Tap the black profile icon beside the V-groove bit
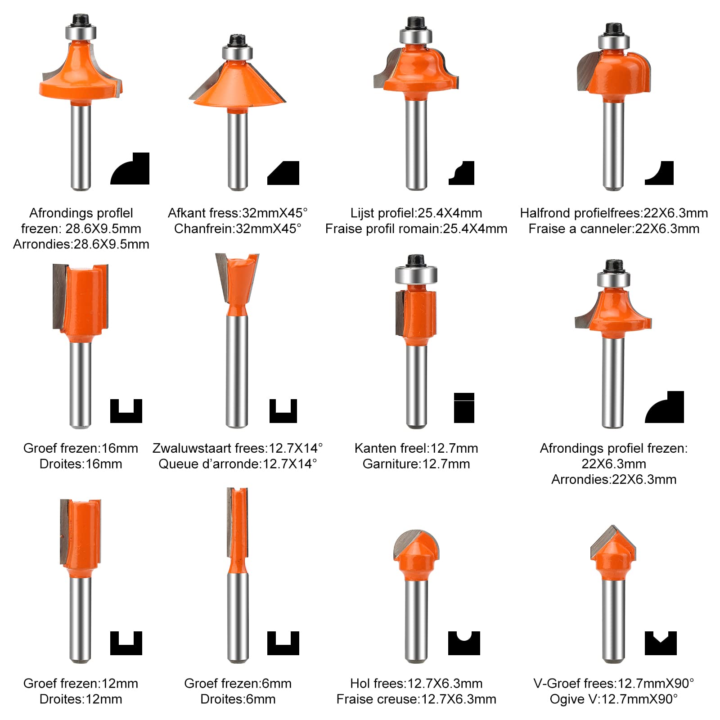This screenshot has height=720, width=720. point(661,643)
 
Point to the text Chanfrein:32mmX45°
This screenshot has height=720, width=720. point(238,229)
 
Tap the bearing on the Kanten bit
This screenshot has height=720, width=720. point(416,274)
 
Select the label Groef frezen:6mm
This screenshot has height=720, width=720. point(238,684)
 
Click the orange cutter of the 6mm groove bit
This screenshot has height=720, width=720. point(238,531)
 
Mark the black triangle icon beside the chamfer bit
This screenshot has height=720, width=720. point(283,173)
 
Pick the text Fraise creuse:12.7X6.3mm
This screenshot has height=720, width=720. point(416,699)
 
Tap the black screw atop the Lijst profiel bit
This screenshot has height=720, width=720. point(416,23)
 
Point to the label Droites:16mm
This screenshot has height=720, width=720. point(81,464)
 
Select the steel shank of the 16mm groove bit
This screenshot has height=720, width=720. point(81,385)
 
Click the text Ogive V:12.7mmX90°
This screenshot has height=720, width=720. point(614,699)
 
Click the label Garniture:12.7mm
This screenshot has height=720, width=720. point(416,464)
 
